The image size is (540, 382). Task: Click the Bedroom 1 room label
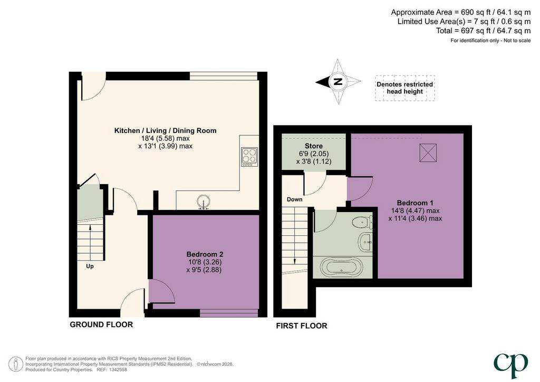tap(416, 203)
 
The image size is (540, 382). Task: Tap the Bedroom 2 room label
tap(205, 254)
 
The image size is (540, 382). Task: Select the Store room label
tap(314, 146)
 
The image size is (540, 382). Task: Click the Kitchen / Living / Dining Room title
tap(165, 130)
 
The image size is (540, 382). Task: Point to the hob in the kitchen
tap(249, 157)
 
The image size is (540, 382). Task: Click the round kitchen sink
tap(204, 202)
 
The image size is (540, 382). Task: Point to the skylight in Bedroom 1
tap(428, 153)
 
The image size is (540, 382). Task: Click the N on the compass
tap(338, 82)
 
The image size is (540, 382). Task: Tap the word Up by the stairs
tap(90, 266)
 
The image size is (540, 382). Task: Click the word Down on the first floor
tap(294, 199)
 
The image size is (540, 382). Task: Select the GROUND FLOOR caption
tap(101, 324)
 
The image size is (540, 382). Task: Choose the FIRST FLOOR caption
tap(302, 326)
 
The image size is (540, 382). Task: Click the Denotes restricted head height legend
tap(404, 88)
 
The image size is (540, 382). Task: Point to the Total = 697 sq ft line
tap(483, 31)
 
